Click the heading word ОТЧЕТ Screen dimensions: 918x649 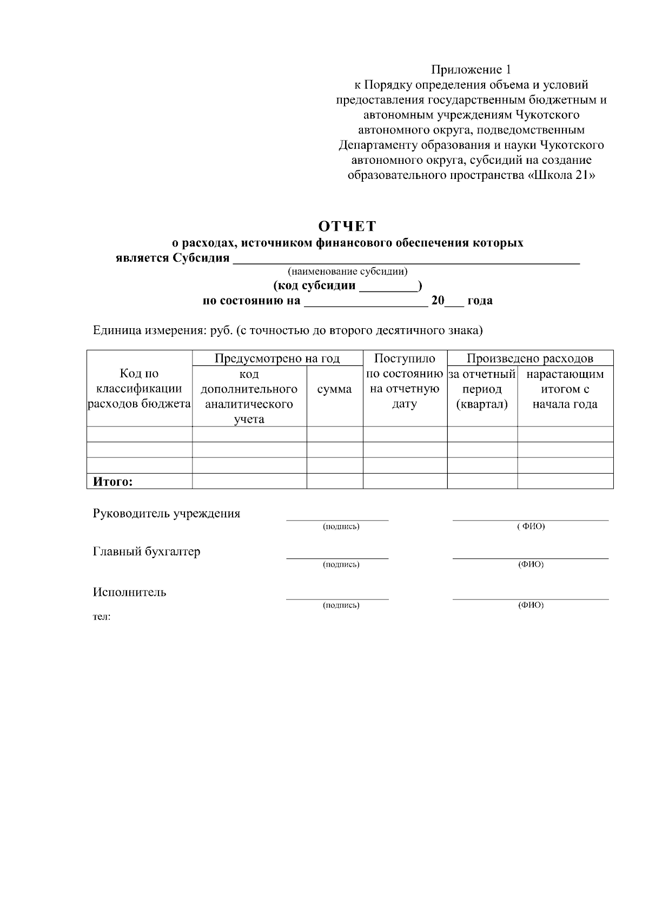tap(347, 225)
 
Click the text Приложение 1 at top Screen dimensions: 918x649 tap(471, 70)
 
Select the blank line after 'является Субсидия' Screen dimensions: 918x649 tap(406, 260)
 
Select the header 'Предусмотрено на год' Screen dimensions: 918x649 tap(277, 358)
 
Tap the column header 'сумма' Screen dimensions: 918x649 tap(334, 389)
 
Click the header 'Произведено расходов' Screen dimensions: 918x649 tap(529, 358)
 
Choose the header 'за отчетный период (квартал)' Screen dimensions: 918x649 tap(482, 389)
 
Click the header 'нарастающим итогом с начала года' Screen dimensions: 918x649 tap(565, 389)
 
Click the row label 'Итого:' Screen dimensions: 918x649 tap(113, 482)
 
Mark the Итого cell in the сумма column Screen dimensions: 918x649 tap(334, 481)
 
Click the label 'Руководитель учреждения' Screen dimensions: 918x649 tap(167, 514)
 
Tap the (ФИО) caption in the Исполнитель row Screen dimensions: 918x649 tap(531, 605)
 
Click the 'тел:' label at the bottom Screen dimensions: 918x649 tap(102, 617)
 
